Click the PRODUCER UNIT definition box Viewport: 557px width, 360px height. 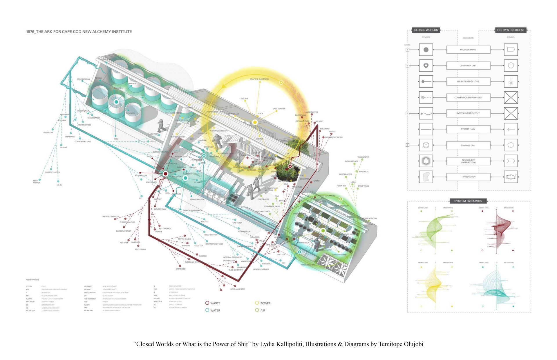click(468, 50)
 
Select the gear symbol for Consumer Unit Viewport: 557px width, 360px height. click(426, 66)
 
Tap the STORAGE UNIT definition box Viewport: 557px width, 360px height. click(468, 145)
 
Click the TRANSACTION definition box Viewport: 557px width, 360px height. click(468, 177)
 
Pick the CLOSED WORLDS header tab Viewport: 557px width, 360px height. click(426, 30)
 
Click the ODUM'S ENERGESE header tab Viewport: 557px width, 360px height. click(511, 30)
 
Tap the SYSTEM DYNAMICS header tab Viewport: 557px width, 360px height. click(468, 201)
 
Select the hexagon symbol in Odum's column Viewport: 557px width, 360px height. click(511, 66)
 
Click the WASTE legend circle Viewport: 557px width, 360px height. click(207, 303)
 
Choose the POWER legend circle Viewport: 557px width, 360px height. click(257, 303)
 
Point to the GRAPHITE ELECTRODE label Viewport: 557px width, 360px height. click(259, 79)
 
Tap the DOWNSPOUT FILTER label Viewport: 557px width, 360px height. click(334, 137)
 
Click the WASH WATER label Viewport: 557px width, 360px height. click(363, 157)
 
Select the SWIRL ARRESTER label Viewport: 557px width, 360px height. click(238, 289)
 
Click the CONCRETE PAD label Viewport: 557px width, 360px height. click(83, 79)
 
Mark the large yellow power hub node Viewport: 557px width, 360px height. click(255, 122)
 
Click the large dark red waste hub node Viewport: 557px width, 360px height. click(165, 174)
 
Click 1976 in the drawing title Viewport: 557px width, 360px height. click(30, 32)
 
